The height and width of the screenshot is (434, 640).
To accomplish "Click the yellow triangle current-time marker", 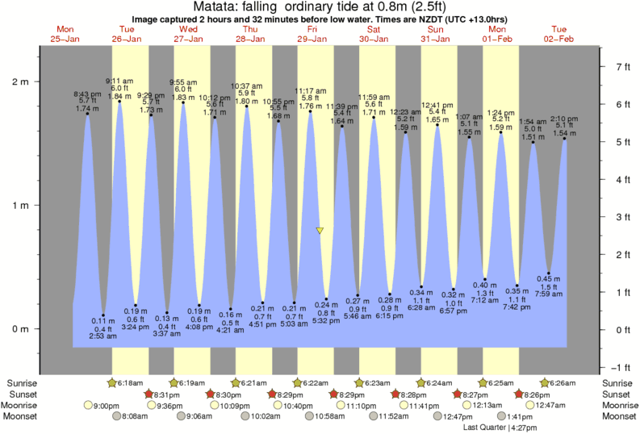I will click(x=320, y=231).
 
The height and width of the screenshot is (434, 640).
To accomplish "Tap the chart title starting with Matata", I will click(x=320, y=7).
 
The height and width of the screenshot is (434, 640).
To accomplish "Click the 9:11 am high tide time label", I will click(x=120, y=81).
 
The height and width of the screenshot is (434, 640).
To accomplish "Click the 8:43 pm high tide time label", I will click(x=86, y=93).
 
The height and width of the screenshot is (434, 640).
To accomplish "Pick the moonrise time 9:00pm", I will click(x=107, y=405).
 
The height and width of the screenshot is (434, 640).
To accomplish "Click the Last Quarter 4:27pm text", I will click(x=500, y=428).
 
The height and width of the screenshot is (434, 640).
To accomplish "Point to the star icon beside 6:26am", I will click(x=545, y=382).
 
